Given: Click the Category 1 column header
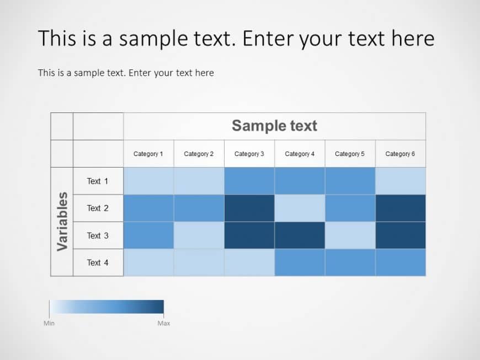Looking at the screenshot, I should pos(148,154).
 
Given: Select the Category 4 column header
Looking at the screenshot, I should pos(300,154).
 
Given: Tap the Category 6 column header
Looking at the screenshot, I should pos(400,154).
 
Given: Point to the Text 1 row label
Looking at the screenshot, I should pos(98,181).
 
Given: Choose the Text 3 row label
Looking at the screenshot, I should pos(98,235).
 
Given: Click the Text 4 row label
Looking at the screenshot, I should pos(98,262).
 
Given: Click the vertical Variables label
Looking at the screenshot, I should pos(62,221).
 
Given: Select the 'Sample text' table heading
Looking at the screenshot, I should pos(274,126).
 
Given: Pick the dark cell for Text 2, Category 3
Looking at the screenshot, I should pos(249,208).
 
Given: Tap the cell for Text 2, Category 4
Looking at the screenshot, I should pos(300,208).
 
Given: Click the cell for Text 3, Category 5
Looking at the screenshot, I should pos(350,235).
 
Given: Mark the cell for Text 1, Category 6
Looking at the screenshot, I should pos(401,181).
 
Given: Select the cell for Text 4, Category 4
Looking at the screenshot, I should pos(300,262).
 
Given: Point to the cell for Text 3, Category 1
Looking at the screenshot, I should pos(148,235).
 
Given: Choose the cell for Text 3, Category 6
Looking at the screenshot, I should pos(401,235).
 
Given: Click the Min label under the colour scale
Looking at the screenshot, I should pos(49,323).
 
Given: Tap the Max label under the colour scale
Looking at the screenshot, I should pos(164,323).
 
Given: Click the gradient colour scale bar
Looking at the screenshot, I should pos(106,307).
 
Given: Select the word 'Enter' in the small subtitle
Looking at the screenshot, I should pos(140,73).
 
